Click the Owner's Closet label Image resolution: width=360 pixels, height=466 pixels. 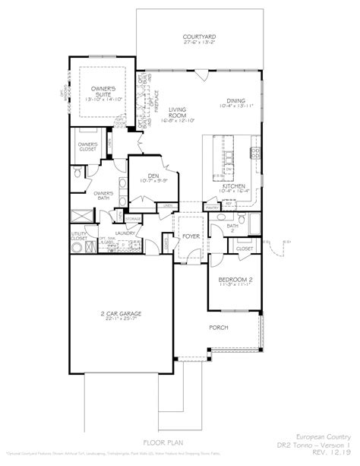click(87, 147)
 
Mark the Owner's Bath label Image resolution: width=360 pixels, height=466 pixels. click(103, 195)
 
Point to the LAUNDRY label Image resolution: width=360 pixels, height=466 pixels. click(125, 233)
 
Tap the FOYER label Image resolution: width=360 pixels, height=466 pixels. click(191, 236)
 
